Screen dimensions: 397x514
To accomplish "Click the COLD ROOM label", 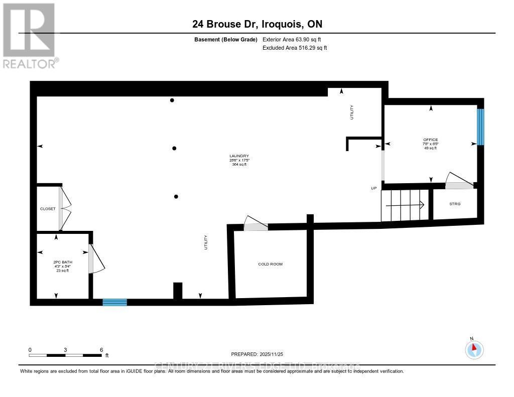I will pyautogui.click(x=270, y=264).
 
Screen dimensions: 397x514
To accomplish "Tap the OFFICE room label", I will pyautogui.click(x=430, y=140).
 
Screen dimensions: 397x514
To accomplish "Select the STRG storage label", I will pyautogui.click(x=455, y=204).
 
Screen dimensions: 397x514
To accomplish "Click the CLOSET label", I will pyautogui.click(x=48, y=209).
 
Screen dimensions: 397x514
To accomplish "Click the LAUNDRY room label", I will pyautogui.click(x=239, y=156).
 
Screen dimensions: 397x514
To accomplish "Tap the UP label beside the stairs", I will pyautogui.click(x=373, y=188).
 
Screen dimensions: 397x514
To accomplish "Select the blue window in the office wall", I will pyautogui.click(x=480, y=127).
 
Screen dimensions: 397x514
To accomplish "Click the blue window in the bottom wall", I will pyautogui.click(x=114, y=302).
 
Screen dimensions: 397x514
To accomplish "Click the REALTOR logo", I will pyautogui.click(x=30, y=36).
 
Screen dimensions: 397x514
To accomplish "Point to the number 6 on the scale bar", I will pyautogui.click(x=101, y=350).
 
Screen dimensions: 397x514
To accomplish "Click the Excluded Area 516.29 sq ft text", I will pyautogui.click(x=295, y=48).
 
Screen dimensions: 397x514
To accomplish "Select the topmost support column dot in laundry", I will pyautogui.click(x=172, y=100).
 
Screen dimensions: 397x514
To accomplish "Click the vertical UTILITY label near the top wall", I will pyautogui.click(x=352, y=112).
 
